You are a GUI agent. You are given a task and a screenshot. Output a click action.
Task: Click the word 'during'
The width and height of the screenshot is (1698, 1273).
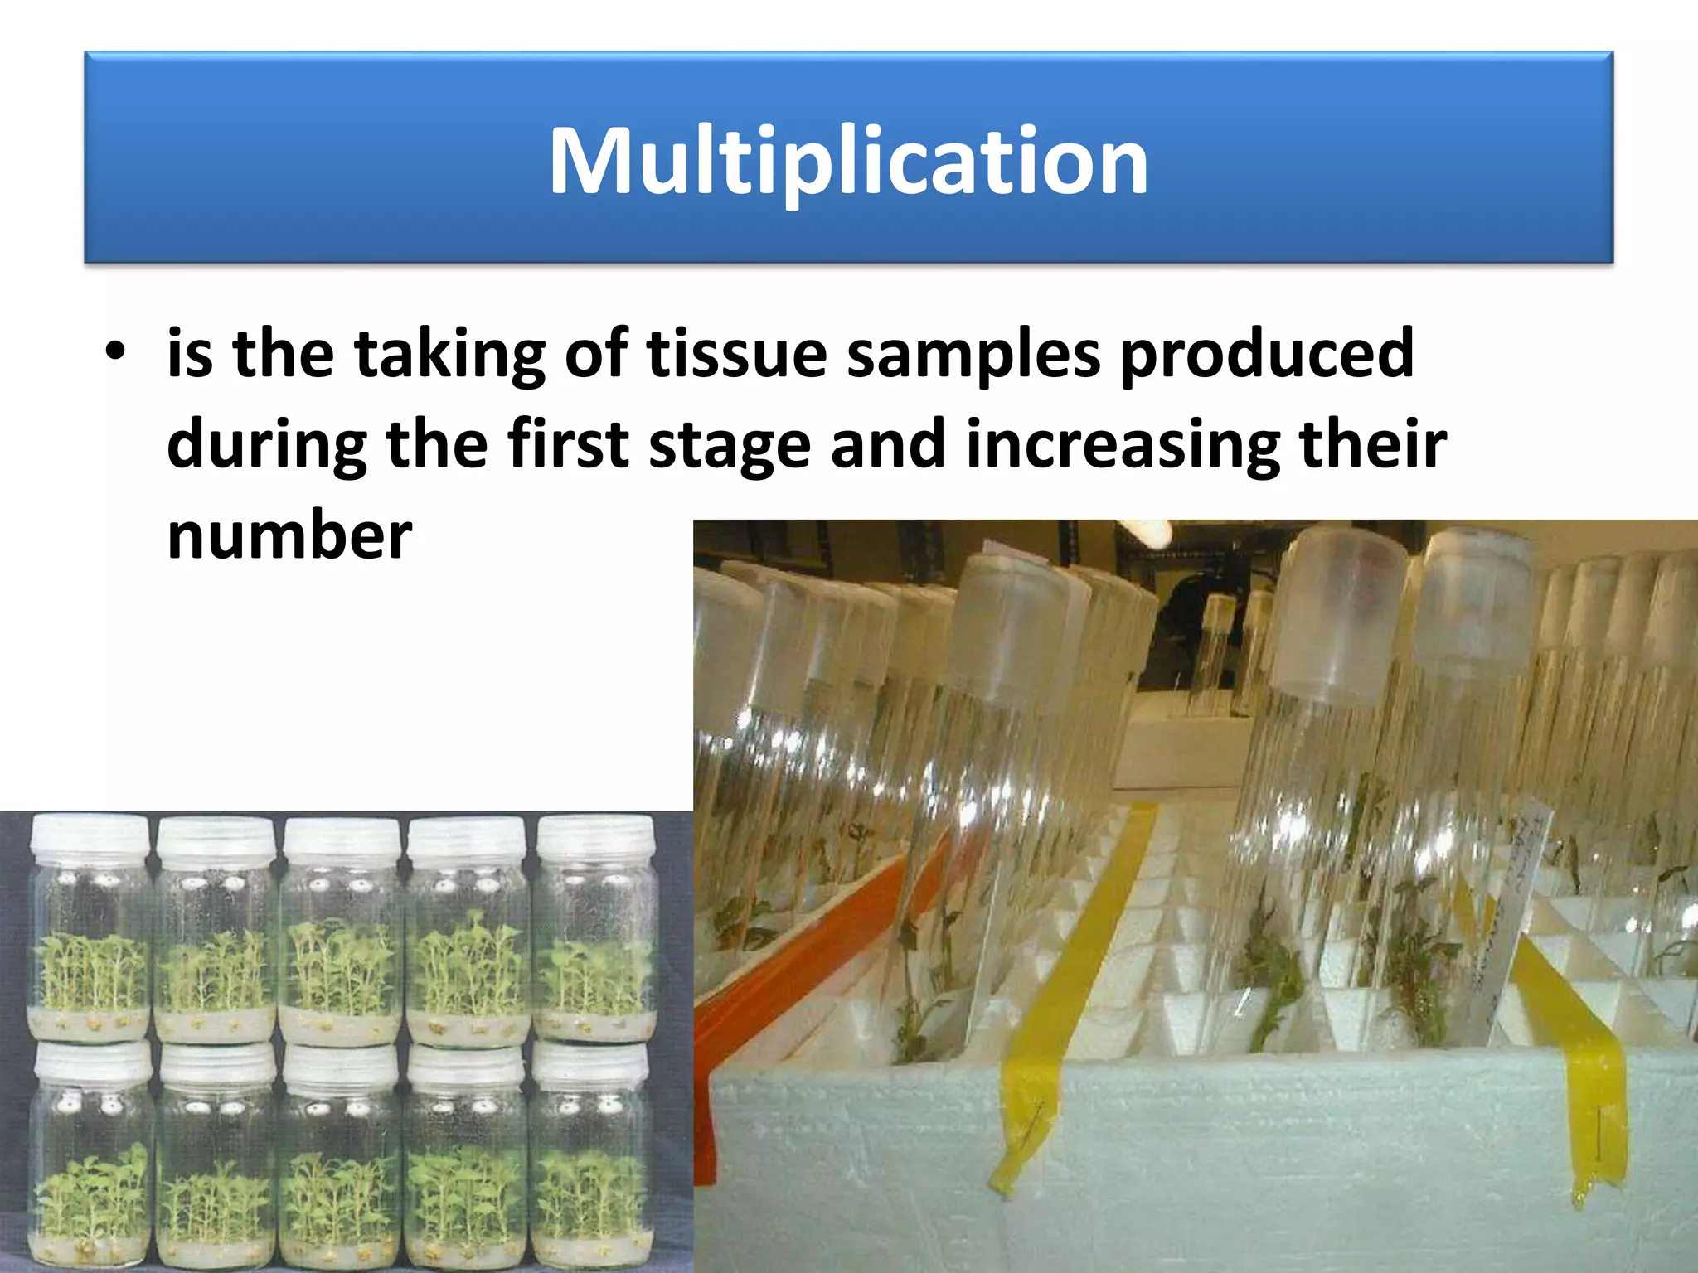click(x=265, y=445)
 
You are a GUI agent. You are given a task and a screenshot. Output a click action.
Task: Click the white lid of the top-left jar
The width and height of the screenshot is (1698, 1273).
click(x=90, y=835)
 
